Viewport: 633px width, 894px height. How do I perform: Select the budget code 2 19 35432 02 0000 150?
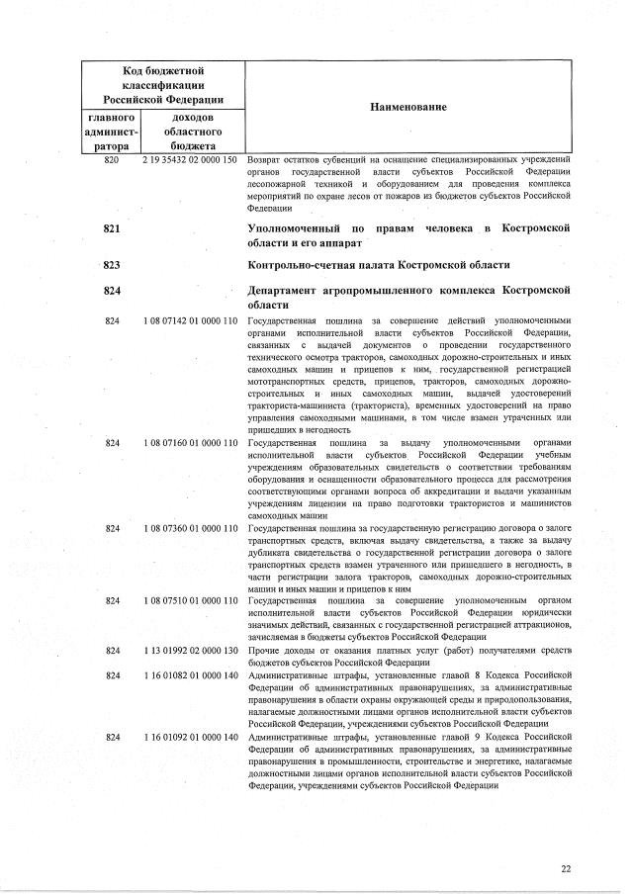(190, 158)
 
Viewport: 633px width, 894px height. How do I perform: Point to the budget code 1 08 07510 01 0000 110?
(190, 600)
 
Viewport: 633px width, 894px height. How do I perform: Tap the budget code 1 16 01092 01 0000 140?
(190, 737)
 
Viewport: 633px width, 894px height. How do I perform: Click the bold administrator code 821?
(112, 229)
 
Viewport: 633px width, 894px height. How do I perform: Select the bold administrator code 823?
(112, 265)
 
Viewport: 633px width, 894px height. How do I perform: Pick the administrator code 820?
(112, 158)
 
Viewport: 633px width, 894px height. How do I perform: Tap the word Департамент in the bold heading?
(295, 291)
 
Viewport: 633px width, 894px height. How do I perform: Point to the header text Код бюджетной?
(163, 70)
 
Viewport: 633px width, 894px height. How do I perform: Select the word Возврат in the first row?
(264, 158)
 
